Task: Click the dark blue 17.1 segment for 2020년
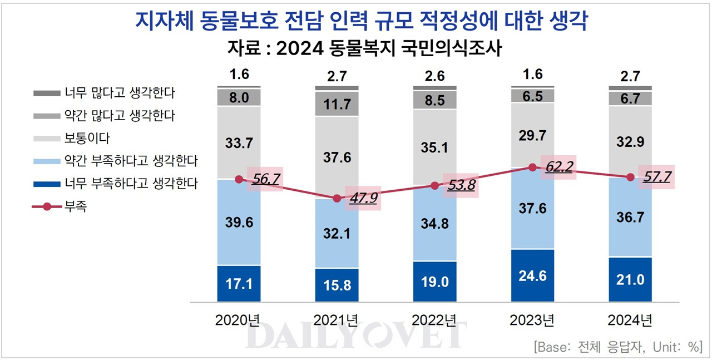click(x=239, y=284)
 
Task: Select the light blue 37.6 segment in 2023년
click(x=532, y=208)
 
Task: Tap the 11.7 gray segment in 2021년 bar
click(x=337, y=103)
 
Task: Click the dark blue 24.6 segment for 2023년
click(x=532, y=275)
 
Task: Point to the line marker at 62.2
click(x=532, y=167)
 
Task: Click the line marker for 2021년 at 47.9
click(x=337, y=199)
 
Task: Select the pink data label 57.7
click(x=656, y=177)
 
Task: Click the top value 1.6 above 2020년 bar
click(x=239, y=75)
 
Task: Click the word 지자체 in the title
click(x=160, y=22)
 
